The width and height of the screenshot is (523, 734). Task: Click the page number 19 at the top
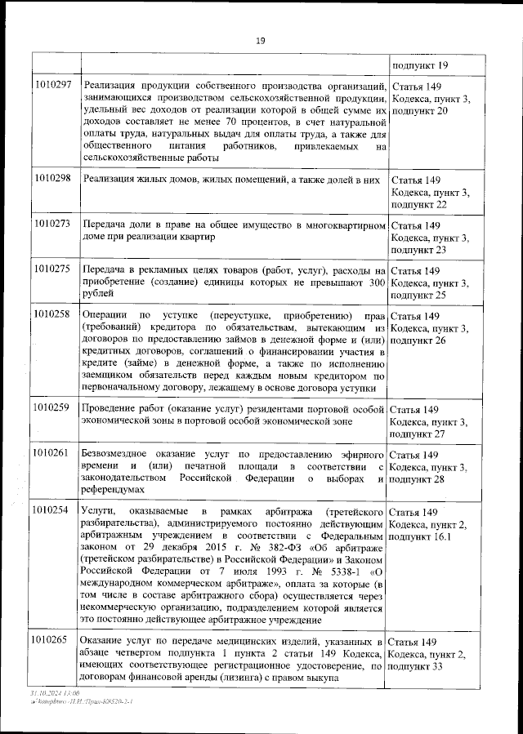coord(260,41)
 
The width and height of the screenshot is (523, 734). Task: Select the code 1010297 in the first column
coord(54,86)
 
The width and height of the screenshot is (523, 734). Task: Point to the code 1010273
coord(54,223)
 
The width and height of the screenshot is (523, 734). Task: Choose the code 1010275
coord(54,269)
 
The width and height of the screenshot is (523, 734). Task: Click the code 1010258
coord(54,314)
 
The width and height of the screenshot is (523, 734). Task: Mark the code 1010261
coord(54,453)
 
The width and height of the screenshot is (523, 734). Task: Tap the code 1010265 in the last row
coord(54,639)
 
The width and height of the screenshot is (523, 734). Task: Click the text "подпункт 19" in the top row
coord(420,65)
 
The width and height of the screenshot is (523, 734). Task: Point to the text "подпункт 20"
coord(419,110)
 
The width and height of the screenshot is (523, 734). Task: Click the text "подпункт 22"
coord(419,204)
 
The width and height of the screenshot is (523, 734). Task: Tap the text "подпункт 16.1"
coord(423,537)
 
